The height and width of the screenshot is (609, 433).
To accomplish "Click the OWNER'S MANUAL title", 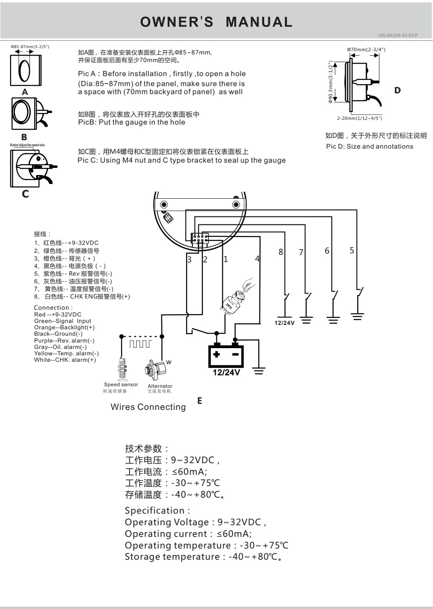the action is click(216, 22).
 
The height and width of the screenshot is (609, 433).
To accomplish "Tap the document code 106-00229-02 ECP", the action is click(397, 36).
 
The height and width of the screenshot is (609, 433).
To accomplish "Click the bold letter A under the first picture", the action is click(25, 92).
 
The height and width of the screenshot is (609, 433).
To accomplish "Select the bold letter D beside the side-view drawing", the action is click(397, 90).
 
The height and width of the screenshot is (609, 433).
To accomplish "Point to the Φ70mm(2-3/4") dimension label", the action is click(366, 49).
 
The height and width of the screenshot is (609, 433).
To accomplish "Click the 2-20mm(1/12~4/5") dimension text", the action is click(359, 118).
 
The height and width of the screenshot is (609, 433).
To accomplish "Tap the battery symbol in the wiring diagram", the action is click(226, 355).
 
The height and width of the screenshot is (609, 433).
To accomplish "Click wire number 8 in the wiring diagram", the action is click(281, 252).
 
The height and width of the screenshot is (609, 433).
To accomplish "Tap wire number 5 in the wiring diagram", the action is click(352, 250).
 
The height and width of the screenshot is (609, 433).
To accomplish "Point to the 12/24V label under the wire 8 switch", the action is click(284, 323).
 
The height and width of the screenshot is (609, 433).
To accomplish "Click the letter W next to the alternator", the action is click(169, 362).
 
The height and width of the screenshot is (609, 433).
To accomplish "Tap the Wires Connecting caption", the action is click(148, 407).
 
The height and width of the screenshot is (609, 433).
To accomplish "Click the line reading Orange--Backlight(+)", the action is click(64, 327).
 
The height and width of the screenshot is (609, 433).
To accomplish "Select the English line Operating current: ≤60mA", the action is click(188, 534).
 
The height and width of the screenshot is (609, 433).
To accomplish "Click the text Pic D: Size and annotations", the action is click(369, 147).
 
